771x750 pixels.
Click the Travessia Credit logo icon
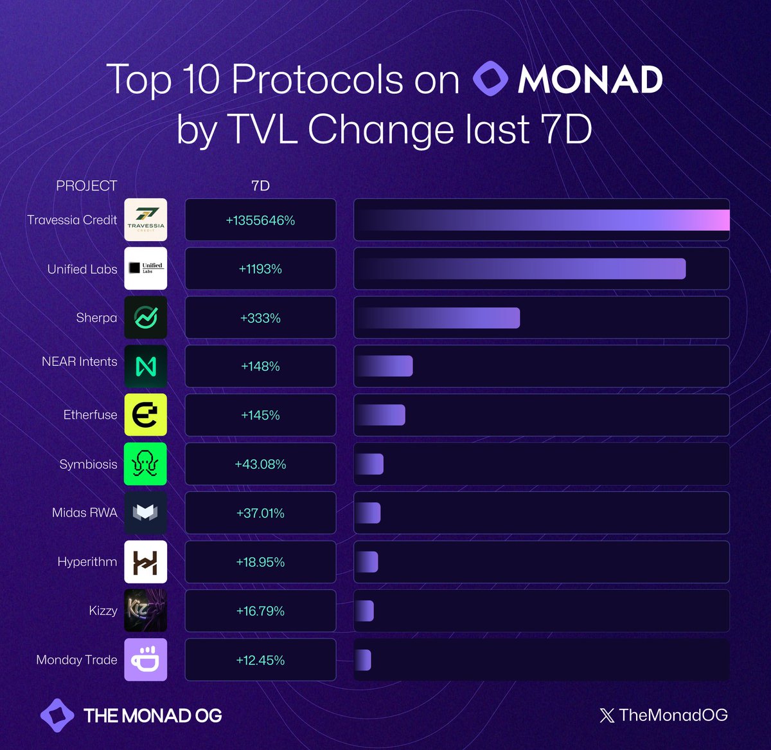point(145,220)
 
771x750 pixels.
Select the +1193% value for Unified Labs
point(260,269)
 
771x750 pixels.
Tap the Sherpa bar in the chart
point(437,318)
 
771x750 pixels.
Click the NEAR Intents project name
point(79,362)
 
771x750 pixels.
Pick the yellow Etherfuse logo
point(145,415)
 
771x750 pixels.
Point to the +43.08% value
point(260,464)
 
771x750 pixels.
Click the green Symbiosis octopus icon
point(145,464)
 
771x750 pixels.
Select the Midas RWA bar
point(368,513)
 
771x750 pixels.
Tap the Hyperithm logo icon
point(145,562)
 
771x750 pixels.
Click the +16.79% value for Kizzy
point(260,611)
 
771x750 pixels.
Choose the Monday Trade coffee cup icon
point(145,659)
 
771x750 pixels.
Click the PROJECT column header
point(86,186)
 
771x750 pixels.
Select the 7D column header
point(260,186)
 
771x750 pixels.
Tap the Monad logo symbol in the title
point(490,79)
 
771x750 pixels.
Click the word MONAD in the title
point(590,80)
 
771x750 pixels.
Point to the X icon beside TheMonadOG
point(607,715)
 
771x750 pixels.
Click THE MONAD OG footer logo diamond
point(57,715)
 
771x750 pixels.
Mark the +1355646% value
point(260,220)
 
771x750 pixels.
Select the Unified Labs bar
point(520,269)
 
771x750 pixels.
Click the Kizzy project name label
point(103,610)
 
